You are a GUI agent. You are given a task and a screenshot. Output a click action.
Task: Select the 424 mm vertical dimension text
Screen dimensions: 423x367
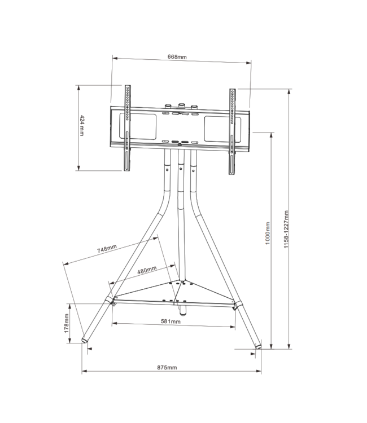tap(82, 126)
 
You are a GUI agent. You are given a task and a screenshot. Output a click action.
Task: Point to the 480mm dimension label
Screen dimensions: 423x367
tap(147, 270)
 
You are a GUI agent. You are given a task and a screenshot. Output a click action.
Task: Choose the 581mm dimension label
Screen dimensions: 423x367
tap(171, 321)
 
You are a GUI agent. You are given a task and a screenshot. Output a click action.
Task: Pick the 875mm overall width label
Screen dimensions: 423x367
tap(167, 367)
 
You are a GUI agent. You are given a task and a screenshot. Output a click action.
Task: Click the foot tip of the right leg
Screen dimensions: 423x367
tap(259, 346)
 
